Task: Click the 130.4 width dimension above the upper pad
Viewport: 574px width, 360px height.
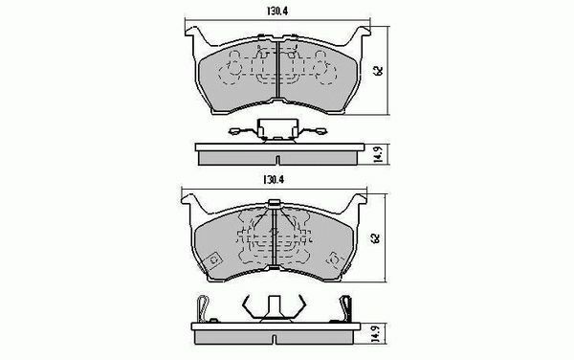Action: click(277, 11)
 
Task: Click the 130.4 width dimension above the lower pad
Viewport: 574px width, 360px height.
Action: click(274, 180)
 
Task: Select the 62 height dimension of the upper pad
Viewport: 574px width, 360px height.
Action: click(379, 71)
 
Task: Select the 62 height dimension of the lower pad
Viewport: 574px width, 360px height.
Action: click(375, 238)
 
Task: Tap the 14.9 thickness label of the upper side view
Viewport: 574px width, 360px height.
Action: click(379, 154)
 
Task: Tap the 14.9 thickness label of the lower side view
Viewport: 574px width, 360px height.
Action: click(375, 333)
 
